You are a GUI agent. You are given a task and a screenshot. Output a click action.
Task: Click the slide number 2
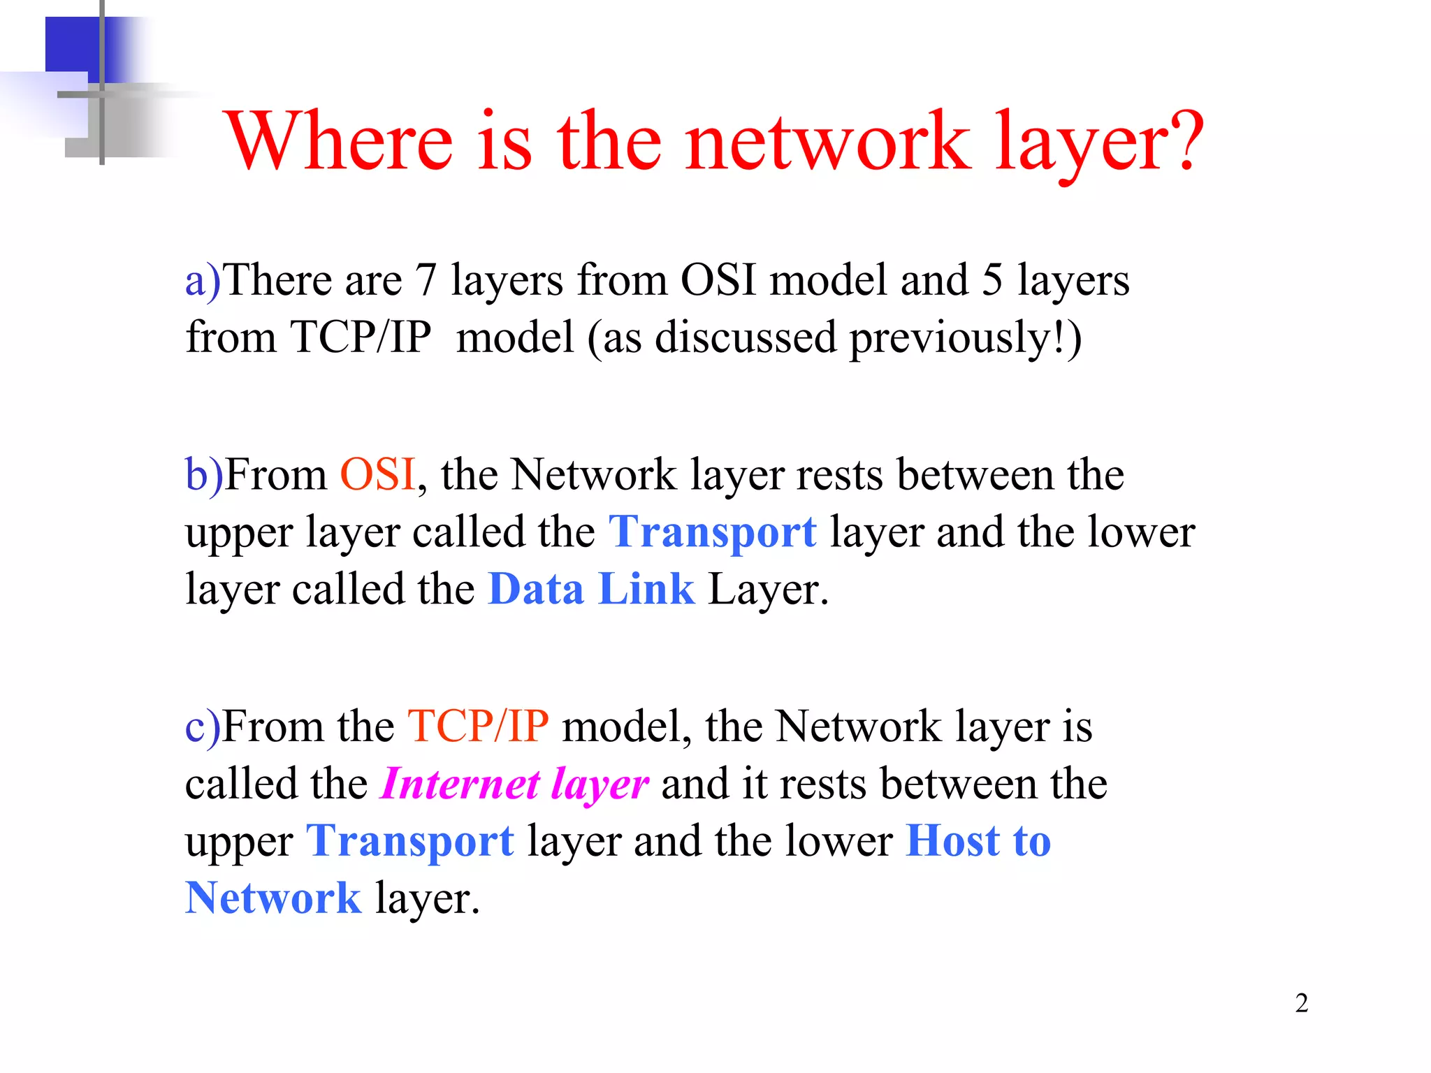pyautogui.click(x=1301, y=1003)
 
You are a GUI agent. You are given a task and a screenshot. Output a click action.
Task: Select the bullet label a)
pyautogui.click(x=203, y=281)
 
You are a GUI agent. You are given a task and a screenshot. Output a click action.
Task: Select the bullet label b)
pyautogui.click(x=203, y=475)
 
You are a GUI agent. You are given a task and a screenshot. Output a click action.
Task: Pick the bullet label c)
pyautogui.click(x=203, y=727)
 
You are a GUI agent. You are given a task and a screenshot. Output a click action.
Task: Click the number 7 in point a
pyautogui.click(x=426, y=281)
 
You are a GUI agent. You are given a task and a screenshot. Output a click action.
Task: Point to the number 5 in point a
pyautogui.click(x=992, y=281)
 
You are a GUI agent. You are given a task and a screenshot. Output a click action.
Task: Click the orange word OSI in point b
pyautogui.click(x=378, y=475)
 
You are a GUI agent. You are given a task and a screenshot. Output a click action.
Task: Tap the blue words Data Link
pyautogui.click(x=591, y=589)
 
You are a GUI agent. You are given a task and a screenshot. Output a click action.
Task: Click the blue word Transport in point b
pyautogui.click(x=712, y=532)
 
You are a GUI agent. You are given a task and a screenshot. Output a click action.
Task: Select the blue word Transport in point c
pyautogui.click(x=410, y=841)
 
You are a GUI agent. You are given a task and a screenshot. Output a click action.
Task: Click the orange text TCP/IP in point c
pyautogui.click(x=478, y=727)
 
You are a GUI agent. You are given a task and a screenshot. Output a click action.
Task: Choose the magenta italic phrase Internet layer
pyautogui.click(x=515, y=784)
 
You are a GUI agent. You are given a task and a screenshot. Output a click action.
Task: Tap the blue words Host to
pyautogui.click(x=978, y=841)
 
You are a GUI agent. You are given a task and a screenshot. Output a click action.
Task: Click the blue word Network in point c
pyautogui.click(x=273, y=898)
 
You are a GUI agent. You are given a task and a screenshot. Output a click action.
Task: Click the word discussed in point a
pyautogui.click(x=746, y=338)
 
